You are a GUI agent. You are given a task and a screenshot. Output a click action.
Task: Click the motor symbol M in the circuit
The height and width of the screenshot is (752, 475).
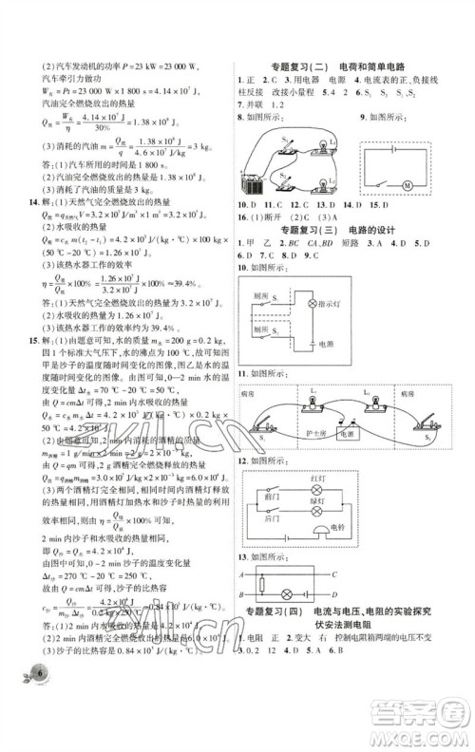(431, 183)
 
